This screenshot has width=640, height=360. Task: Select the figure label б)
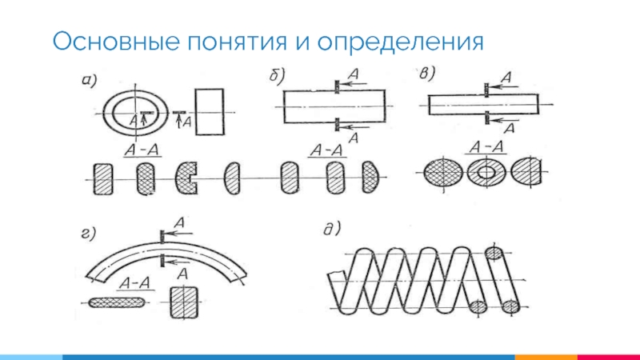click(276, 77)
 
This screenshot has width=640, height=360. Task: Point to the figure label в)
click(427, 74)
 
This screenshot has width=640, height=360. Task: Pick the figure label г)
click(87, 234)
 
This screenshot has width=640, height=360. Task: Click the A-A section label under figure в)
click(486, 146)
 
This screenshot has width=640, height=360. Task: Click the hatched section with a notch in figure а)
click(188, 177)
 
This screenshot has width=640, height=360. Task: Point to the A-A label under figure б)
click(327, 150)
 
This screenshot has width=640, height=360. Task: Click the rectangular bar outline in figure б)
click(334, 105)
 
